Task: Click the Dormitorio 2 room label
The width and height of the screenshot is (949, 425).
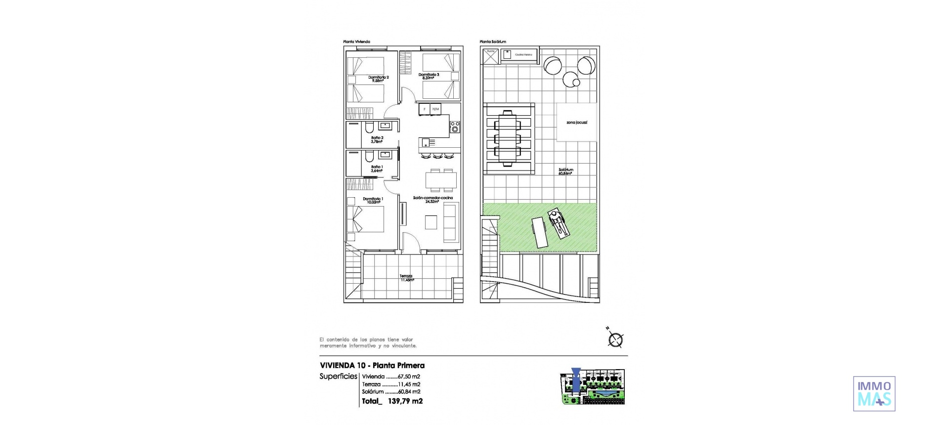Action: pos(379,77)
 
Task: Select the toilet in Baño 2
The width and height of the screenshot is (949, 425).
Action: pos(368,128)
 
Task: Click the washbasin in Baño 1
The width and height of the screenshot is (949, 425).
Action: pos(386,155)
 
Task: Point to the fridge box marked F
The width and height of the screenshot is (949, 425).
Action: pos(424,109)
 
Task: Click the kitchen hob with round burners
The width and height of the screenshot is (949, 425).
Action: pos(455,127)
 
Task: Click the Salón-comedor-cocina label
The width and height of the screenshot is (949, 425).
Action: pos(433,198)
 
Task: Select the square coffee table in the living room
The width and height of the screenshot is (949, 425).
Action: pos(431,223)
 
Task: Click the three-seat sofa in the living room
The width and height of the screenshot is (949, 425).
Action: pos(450,222)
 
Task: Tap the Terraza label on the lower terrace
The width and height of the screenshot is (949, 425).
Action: pos(406,276)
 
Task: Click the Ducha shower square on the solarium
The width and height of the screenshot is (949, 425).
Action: pos(490,57)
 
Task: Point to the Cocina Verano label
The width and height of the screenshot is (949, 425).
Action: pos(523,55)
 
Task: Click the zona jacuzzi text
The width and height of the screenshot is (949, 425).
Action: pos(576,122)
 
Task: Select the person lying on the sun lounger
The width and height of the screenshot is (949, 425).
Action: pos(558,223)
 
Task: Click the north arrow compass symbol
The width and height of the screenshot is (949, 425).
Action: pos(616,339)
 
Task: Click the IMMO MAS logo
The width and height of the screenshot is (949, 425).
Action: pos(874,393)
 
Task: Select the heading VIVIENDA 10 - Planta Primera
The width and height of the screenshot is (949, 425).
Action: pos(372,366)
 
